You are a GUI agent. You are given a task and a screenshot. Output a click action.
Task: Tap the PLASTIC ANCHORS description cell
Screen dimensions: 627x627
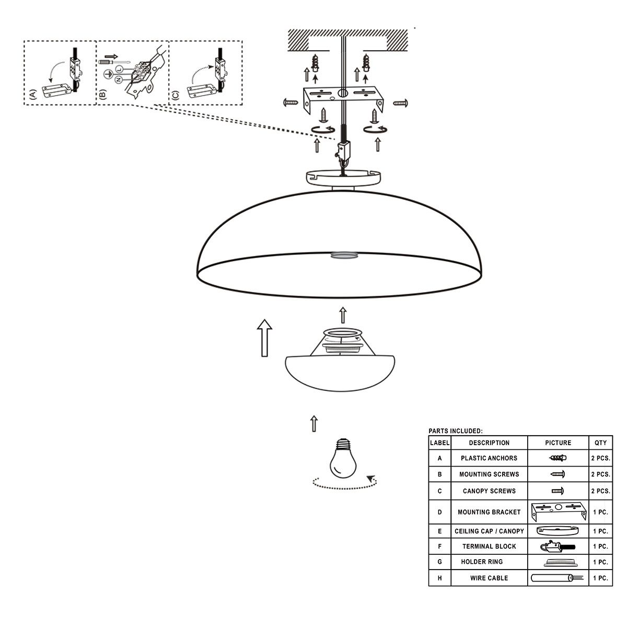(x=489, y=458)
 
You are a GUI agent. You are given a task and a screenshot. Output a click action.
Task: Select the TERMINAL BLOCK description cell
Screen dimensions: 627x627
(x=489, y=547)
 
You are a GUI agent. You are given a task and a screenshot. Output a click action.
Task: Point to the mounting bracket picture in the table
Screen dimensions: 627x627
(x=559, y=512)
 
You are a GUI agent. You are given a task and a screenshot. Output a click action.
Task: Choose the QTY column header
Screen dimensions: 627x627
(x=600, y=443)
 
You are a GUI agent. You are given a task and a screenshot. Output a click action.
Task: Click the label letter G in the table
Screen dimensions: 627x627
(x=439, y=562)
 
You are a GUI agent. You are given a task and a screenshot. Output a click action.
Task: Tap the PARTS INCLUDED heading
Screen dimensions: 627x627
(x=456, y=431)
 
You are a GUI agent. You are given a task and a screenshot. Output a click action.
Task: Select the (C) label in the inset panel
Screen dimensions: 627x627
(x=175, y=95)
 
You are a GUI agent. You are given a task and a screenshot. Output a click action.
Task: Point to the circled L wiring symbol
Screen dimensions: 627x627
(x=120, y=69)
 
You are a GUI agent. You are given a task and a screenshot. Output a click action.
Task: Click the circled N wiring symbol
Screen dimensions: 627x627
(x=119, y=79)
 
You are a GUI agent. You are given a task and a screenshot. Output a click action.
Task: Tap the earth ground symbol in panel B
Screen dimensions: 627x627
(x=108, y=75)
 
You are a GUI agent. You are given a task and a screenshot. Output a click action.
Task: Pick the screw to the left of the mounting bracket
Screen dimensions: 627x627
(x=291, y=103)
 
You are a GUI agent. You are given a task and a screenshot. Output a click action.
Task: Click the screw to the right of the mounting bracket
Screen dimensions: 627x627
(x=401, y=103)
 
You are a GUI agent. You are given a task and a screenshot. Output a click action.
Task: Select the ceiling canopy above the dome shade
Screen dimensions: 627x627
(x=343, y=178)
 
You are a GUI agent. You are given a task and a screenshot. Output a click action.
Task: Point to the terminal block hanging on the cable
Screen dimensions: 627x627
(x=344, y=152)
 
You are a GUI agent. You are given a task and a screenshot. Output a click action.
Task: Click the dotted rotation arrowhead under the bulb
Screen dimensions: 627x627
(x=371, y=479)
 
